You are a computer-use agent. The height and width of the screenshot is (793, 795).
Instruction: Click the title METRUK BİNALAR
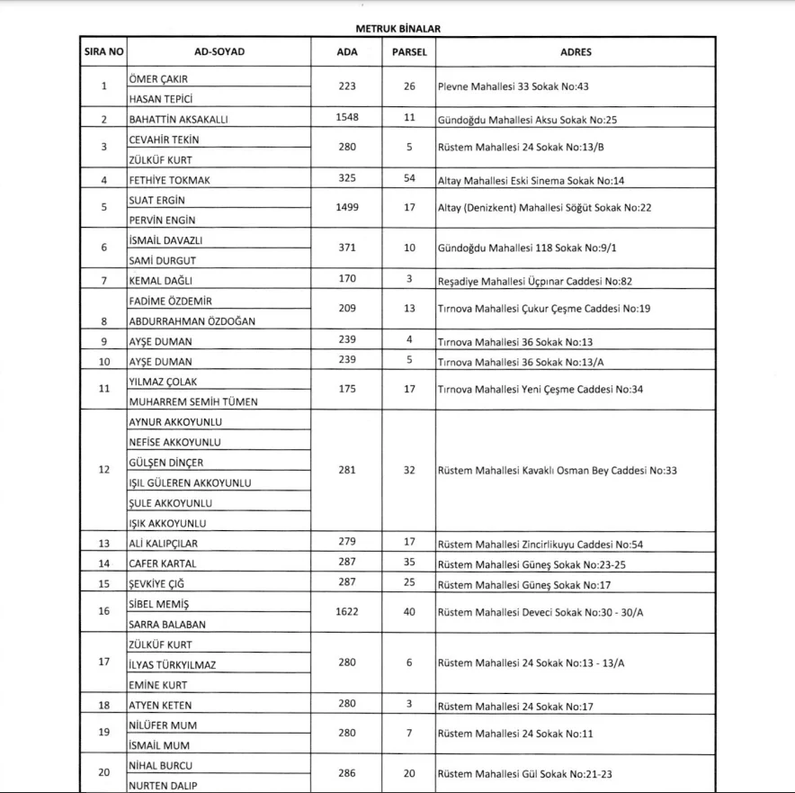pyautogui.click(x=397, y=29)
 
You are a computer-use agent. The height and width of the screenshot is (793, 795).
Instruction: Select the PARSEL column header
pyautogui.click(x=409, y=52)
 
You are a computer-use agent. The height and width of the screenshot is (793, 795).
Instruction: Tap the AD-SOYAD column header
pyautogui.click(x=219, y=52)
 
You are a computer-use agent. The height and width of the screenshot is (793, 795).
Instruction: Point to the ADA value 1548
pyautogui.click(x=347, y=118)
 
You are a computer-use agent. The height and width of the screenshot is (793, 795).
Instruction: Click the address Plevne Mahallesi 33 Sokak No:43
pyautogui.click(x=513, y=87)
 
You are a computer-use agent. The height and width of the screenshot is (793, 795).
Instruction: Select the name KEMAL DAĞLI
pyautogui.click(x=161, y=281)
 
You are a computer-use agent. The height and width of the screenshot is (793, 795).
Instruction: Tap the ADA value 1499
pyautogui.click(x=347, y=207)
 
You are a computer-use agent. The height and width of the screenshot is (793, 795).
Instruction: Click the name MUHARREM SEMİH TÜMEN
pyautogui.click(x=193, y=401)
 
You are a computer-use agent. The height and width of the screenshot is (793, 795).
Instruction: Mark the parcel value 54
pyautogui.click(x=409, y=178)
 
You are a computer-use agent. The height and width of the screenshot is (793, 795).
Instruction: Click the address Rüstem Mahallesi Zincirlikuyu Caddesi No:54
pyautogui.click(x=540, y=545)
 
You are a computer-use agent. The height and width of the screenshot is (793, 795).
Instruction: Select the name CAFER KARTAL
pyautogui.click(x=163, y=563)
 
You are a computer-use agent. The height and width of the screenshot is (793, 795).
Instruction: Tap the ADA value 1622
pyautogui.click(x=347, y=611)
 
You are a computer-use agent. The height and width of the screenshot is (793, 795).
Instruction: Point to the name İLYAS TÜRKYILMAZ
pyautogui.click(x=173, y=665)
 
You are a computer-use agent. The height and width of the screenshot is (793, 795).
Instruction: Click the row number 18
pyautogui.click(x=104, y=706)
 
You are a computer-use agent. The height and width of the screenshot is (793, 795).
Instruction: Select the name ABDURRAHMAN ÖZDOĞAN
pyautogui.click(x=192, y=321)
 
